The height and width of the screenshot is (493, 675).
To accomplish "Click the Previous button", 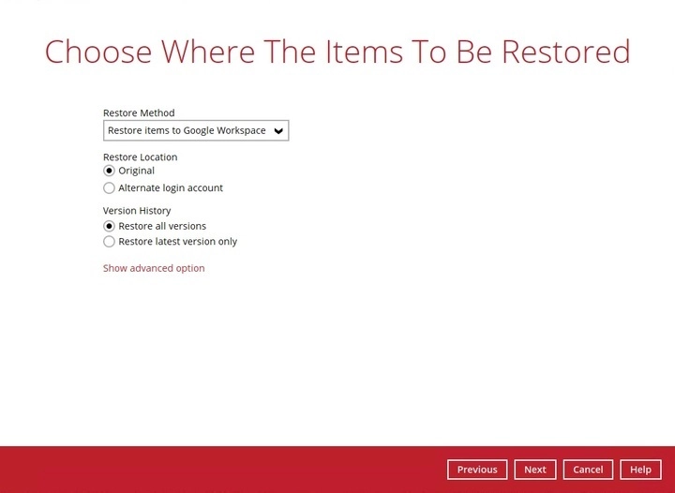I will (x=477, y=470).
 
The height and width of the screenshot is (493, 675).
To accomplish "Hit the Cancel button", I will (x=588, y=470).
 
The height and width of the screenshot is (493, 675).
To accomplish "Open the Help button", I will (x=640, y=470).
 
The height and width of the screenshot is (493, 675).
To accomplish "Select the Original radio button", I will (x=110, y=172).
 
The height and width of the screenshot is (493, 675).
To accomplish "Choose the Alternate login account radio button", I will (x=110, y=188).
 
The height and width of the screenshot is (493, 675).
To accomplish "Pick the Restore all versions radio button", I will (x=110, y=226).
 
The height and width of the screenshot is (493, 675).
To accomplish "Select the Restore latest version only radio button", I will (x=110, y=242).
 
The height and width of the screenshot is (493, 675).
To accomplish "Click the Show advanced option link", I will (x=154, y=268).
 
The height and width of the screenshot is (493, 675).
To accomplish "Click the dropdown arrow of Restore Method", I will (x=278, y=131).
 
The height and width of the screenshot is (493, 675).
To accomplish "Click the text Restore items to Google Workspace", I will (x=187, y=131).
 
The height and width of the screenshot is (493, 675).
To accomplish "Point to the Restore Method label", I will (x=139, y=113).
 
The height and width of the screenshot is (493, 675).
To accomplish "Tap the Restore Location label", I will (x=140, y=157).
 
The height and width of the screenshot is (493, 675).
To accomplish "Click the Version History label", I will (x=137, y=211).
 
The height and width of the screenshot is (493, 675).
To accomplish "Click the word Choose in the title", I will (x=100, y=52).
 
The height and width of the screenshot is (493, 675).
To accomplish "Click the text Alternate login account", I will (x=171, y=188).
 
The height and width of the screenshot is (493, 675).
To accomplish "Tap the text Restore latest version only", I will (x=177, y=242).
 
